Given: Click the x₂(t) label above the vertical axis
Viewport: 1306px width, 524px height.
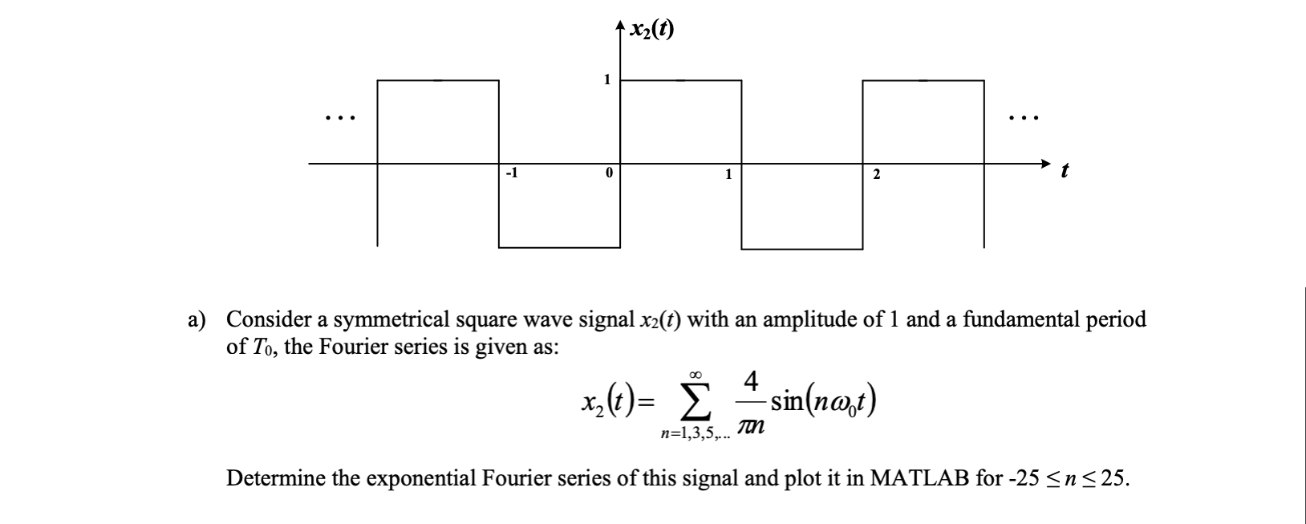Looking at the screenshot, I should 651,30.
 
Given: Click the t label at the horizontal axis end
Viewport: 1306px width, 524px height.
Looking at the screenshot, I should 1065,172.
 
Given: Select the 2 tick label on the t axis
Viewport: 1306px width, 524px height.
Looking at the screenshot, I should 876,173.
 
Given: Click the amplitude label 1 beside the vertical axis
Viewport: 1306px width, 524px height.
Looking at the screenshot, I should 607,79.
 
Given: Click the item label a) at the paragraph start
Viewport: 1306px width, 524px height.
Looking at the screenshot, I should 197,320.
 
